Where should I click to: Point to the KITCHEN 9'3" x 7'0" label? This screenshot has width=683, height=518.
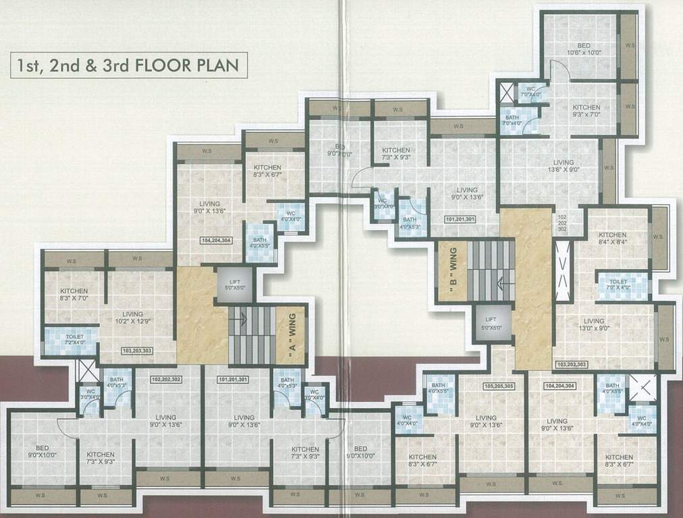[x=586, y=112]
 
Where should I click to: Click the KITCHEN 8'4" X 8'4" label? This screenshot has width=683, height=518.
[x=612, y=238]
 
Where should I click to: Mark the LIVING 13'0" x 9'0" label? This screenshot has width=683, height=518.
[x=594, y=325]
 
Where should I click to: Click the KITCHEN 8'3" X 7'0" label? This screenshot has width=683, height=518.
[x=74, y=294]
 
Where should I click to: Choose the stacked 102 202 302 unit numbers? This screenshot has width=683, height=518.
[x=562, y=223]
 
